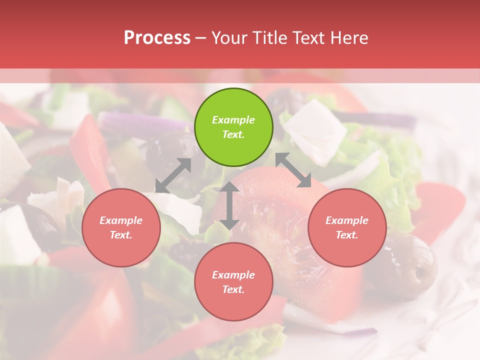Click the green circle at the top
233,127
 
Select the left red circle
121,228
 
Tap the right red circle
347,228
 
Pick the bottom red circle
233,282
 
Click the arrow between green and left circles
173,175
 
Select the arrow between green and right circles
293,170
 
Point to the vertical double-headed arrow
229,205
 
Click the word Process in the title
157,38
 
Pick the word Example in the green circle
233,120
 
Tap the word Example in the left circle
121,220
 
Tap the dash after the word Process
201,38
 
